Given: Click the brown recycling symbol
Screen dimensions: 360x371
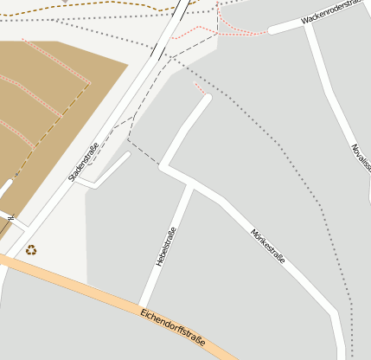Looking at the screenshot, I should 31,250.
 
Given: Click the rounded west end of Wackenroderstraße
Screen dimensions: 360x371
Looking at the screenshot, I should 272,30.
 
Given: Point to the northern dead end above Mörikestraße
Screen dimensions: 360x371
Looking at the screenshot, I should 207,99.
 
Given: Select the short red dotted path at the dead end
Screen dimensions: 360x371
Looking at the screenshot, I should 199,88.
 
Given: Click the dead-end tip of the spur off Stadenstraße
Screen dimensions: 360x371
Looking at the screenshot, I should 128,155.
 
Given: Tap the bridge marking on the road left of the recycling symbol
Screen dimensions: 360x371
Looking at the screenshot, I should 10,217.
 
